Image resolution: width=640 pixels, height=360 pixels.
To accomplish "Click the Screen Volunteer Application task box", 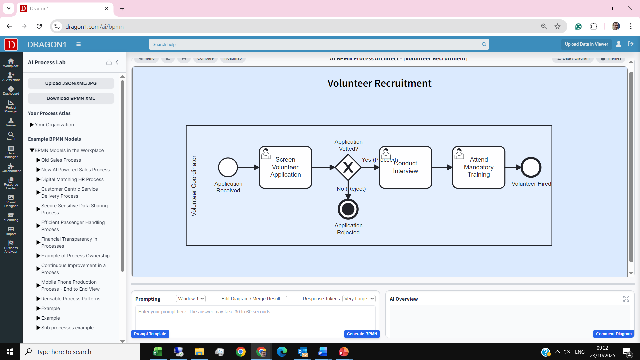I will tap(285, 167).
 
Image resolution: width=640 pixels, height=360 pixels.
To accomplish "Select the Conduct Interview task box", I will tap(405, 167).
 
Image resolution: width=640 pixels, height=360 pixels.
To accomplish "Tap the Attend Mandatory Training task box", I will tap(479, 167).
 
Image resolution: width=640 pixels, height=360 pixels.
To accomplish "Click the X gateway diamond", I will tap(348, 167).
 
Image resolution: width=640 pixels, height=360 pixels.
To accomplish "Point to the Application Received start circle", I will tap(228, 167).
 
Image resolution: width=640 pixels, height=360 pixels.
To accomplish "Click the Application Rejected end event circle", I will tap(348, 209).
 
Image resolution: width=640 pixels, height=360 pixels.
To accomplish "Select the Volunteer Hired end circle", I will tap(531, 167).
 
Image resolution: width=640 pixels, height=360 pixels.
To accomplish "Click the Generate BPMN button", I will tap(362, 334).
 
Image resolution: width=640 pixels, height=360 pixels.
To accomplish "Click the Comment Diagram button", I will tap(614, 334).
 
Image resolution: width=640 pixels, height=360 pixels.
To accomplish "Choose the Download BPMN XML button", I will tap(71, 98).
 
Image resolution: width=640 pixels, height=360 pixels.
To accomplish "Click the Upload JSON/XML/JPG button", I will tap(71, 83).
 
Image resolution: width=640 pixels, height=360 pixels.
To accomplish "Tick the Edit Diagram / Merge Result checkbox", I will tap(285, 298).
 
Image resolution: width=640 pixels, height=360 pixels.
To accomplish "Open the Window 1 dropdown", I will tap(191, 299).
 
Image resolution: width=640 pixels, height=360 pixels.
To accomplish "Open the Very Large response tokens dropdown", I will tap(359, 299).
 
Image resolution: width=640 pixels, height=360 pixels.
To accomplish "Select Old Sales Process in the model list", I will tap(61, 160).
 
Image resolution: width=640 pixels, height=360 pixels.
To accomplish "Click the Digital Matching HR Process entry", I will tap(72, 179).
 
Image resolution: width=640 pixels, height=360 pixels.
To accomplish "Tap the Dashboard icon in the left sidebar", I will tap(11, 90).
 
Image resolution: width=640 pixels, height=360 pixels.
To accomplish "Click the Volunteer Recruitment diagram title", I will tap(379, 83).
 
